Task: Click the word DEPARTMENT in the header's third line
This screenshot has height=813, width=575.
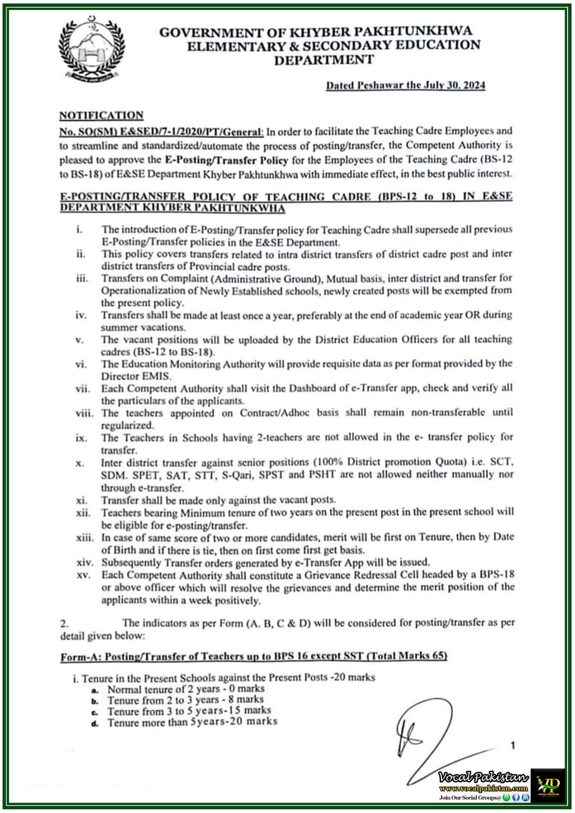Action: (324, 60)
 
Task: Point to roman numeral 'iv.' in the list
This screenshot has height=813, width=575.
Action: (81, 315)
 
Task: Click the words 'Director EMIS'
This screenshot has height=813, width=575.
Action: (136, 376)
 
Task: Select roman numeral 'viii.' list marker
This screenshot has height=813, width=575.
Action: (84, 413)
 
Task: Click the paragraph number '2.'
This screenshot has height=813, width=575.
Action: (64, 623)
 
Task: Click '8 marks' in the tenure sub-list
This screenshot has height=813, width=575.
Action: (250, 699)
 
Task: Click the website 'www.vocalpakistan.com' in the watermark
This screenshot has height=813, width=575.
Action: (483, 788)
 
